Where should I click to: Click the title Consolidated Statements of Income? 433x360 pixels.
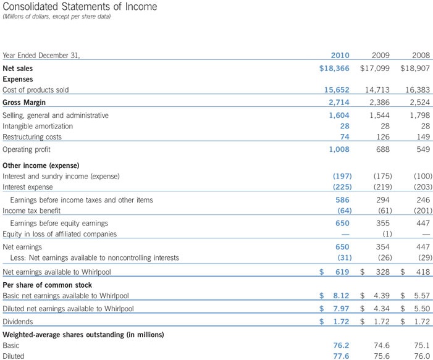(80, 7)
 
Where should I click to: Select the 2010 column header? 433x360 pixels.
(340, 55)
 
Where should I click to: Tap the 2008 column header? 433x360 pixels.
(420, 55)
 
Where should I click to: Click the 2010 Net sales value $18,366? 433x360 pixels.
(334, 68)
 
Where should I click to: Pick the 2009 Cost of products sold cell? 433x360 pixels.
(375, 90)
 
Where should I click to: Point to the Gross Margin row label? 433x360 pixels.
(25, 102)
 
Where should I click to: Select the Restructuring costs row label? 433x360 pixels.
(32, 137)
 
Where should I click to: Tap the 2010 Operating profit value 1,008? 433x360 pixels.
(338, 149)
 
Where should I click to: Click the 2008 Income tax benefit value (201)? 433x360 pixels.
(422, 211)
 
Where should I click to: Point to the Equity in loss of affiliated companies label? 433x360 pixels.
(60, 234)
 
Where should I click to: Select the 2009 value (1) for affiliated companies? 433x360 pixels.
(387, 234)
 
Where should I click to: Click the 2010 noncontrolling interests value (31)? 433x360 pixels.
(344, 257)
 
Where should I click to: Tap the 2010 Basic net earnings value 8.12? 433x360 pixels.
(341, 296)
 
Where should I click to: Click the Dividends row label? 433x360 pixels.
(18, 322)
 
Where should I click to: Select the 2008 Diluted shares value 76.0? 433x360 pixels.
(421, 356)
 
